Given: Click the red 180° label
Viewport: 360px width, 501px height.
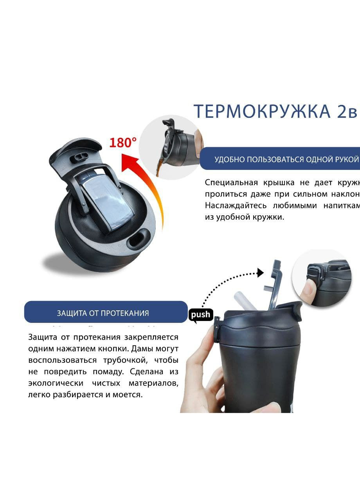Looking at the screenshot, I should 122,142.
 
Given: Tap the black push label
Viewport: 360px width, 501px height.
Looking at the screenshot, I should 201,315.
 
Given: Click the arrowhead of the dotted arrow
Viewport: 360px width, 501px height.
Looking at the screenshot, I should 260,273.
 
